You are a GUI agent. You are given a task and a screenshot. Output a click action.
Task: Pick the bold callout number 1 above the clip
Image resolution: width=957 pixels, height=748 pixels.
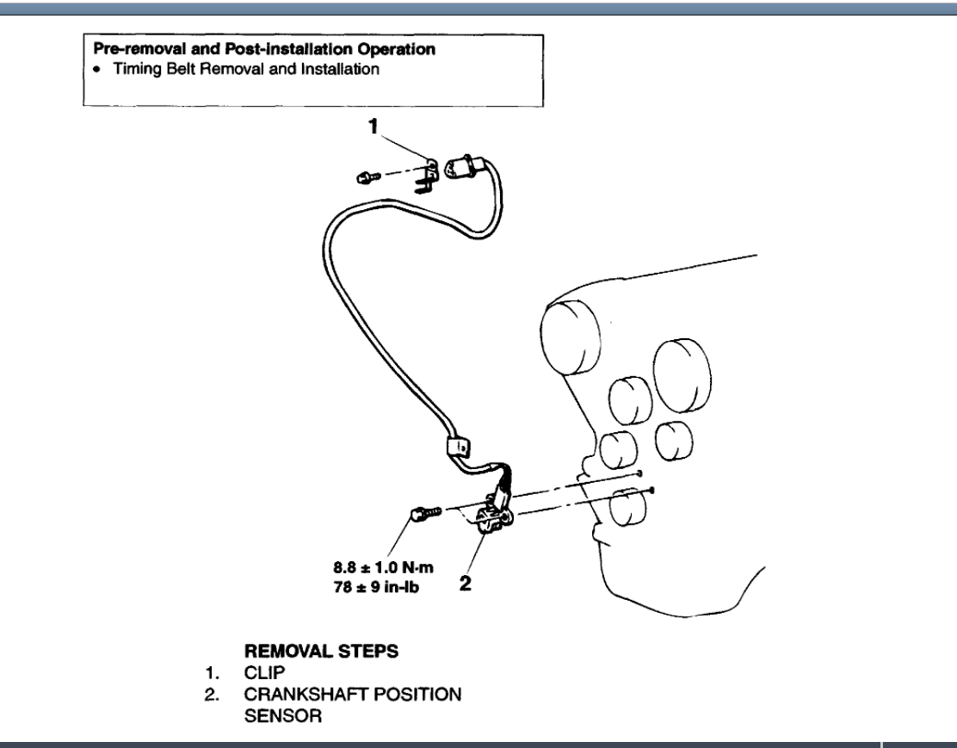pyautogui.click(x=374, y=127)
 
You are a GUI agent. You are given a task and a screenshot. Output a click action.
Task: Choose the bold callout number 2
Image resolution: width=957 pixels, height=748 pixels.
pyautogui.click(x=466, y=583)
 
